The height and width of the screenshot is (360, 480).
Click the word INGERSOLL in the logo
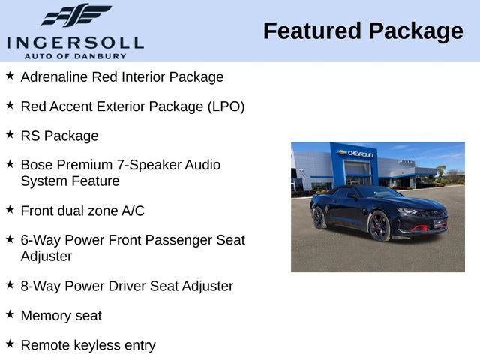[75, 41]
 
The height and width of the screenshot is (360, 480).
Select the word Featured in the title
[312, 31]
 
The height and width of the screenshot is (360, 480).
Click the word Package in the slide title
[415, 31]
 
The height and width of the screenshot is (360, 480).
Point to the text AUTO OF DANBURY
[75, 56]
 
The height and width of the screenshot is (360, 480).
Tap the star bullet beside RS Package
[10, 135]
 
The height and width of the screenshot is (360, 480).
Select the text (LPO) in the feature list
[225, 106]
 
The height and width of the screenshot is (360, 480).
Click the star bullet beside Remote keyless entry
[10, 343]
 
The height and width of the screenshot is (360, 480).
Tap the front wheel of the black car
[379, 225]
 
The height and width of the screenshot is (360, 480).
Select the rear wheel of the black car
[319, 217]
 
